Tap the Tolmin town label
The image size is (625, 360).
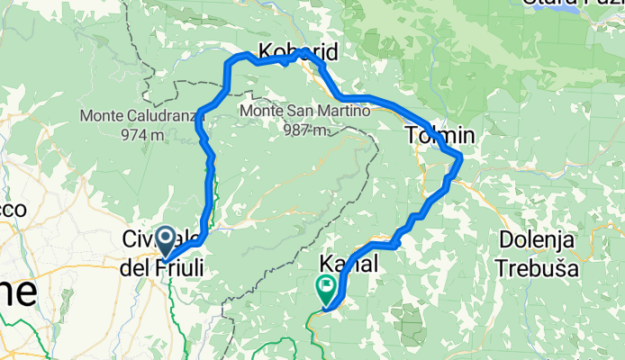click(x=439, y=137)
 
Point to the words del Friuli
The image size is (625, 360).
click(x=162, y=267)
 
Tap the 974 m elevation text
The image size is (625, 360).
click(x=140, y=135)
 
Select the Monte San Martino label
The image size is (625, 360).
click(x=293, y=112)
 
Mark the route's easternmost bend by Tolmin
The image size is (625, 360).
click(x=461, y=158)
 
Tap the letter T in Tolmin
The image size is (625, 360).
click(x=412, y=137)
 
